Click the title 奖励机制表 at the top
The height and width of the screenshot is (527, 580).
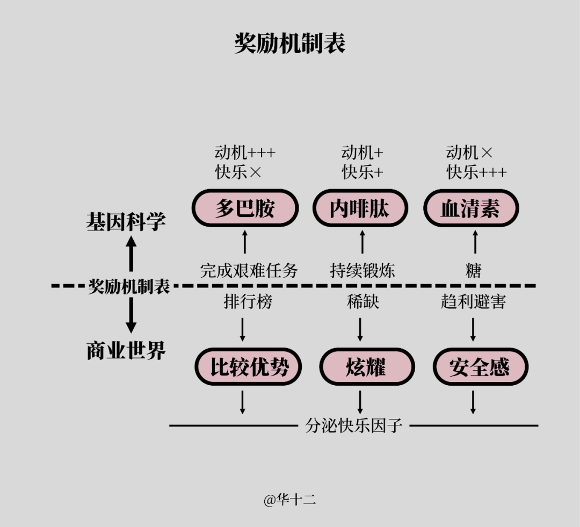coord(289,44)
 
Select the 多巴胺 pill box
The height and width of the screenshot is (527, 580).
coord(245,208)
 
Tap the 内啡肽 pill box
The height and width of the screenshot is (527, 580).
coord(360,208)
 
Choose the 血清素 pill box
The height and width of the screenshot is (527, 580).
coord(470,208)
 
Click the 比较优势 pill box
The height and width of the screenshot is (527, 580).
coord(248,367)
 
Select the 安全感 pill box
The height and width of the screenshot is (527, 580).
coord(480,367)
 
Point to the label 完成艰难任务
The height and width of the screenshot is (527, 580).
coord(249,270)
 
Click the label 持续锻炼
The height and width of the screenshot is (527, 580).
coord(363,270)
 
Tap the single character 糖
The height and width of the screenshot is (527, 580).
coord(474,270)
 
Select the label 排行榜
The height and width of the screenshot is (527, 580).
coord(248,301)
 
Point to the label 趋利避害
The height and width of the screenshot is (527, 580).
coord(473,301)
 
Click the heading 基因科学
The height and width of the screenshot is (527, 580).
coord(126,221)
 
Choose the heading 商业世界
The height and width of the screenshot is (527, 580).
coord(126,351)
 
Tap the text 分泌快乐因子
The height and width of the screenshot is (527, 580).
coord(354,425)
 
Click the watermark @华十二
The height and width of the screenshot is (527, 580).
coord(289,500)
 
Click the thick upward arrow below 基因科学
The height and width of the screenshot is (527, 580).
coord(131,254)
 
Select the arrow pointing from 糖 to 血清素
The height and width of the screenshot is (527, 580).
coord(475,242)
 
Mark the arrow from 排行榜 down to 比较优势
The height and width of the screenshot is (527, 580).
coord(242,329)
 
